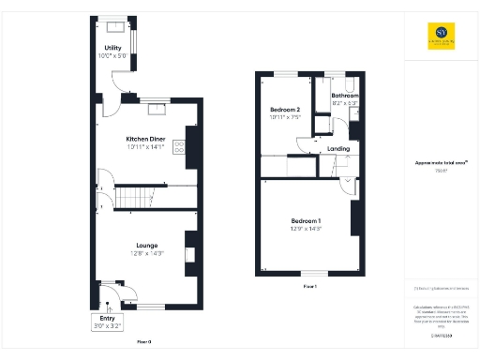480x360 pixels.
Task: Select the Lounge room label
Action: [x=145, y=246]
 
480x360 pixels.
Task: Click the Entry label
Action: [x=107, y=319]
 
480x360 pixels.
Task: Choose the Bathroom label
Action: [x=346, y=95]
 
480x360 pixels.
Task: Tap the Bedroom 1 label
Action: [x=307, y=220]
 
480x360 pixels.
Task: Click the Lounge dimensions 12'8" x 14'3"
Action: [x=145, y=253]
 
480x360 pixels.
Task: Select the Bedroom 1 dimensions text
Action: [x=307, y=228]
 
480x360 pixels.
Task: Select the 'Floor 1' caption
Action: [x=309, y=285]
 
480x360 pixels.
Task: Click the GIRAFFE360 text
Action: [x=441, y=335]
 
